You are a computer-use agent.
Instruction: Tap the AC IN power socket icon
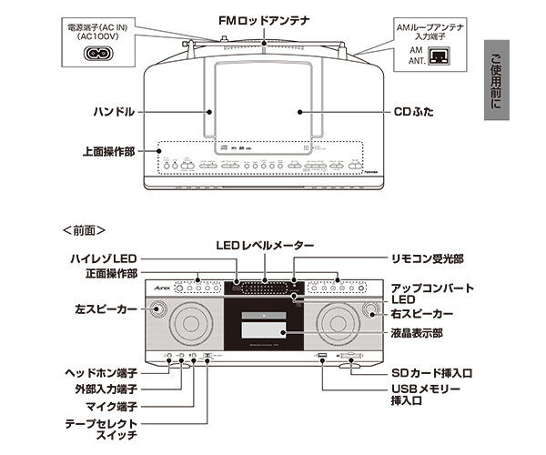[100, 52]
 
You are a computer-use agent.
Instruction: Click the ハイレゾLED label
[101, 260]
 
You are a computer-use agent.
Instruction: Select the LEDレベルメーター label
[265, 247]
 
